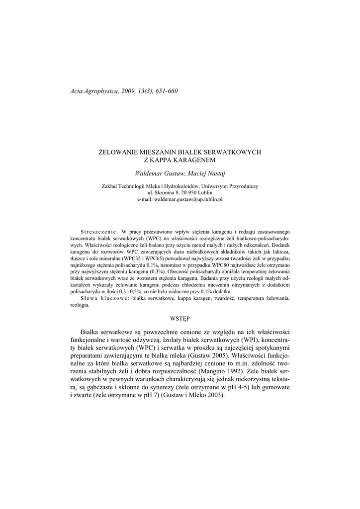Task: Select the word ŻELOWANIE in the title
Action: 120,151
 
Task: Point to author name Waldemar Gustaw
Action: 159,172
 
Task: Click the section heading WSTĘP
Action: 180,317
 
